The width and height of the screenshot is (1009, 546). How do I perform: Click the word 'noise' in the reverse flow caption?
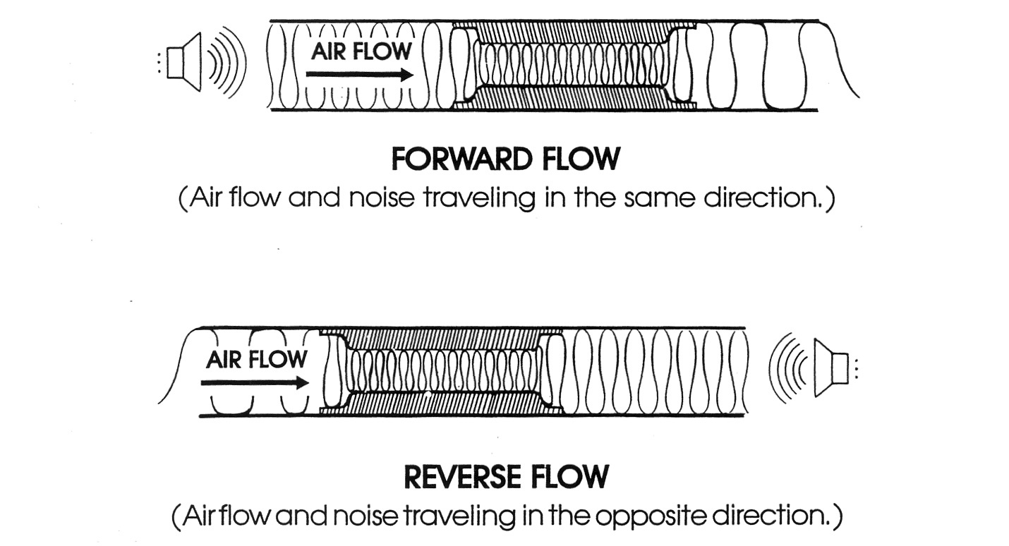(368, 516)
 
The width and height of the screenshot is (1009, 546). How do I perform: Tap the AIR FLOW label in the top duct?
(361, 51)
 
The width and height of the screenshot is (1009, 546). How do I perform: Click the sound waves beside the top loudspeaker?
(227, 62)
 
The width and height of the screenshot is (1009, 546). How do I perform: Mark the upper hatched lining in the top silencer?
(572, 32)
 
